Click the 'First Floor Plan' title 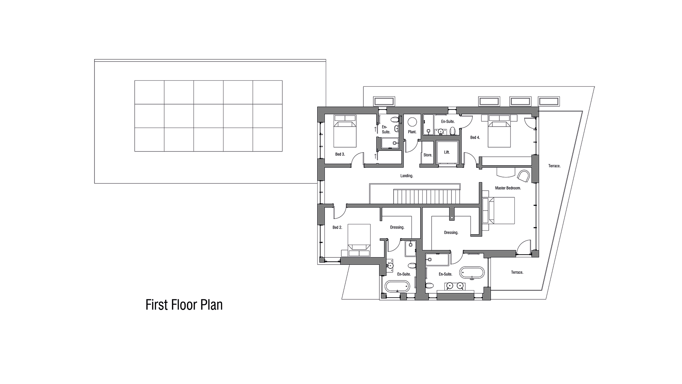coord(184,305)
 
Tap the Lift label coord(447,152)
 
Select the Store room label coord(428,155)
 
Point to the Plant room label coord(412,132)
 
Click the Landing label coord(407,176)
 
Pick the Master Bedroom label coord(508,188)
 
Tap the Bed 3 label coord(340,154)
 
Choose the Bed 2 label coord(337,227)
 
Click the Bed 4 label coord(475,138)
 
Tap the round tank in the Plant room coord(412,122)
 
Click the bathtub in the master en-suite coord(472,273)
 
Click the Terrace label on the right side coord(554,166)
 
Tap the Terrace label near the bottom coord(517,272)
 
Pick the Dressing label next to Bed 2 coord(397,227)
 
